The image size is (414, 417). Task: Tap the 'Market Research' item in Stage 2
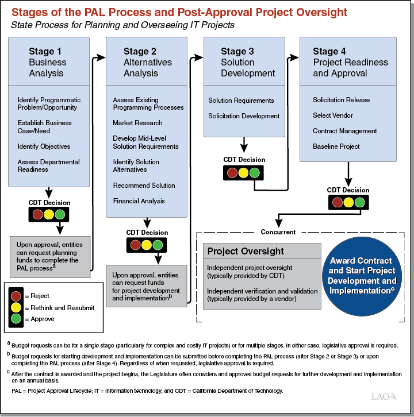pos(137,123)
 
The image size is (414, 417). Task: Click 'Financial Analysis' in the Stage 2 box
pos(139,201)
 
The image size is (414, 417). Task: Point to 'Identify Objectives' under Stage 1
pos(44,146)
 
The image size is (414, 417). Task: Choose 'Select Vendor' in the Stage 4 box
pos(333,115)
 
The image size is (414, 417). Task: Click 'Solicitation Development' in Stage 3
pos(244,116)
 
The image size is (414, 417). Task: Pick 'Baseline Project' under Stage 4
pos(336,146)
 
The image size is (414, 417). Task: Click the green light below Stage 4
pos(360,202)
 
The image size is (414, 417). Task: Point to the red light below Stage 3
pos(232,172)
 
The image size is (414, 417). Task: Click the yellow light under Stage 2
pos(147,245)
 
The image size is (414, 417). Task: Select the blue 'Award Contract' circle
pos(362,276)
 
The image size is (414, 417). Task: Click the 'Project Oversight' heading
pos(246,251)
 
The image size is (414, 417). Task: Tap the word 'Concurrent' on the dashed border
pos(278,232)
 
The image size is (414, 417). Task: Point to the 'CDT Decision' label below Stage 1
pos(49,203)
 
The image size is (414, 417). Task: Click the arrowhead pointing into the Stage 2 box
pos(103,57)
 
